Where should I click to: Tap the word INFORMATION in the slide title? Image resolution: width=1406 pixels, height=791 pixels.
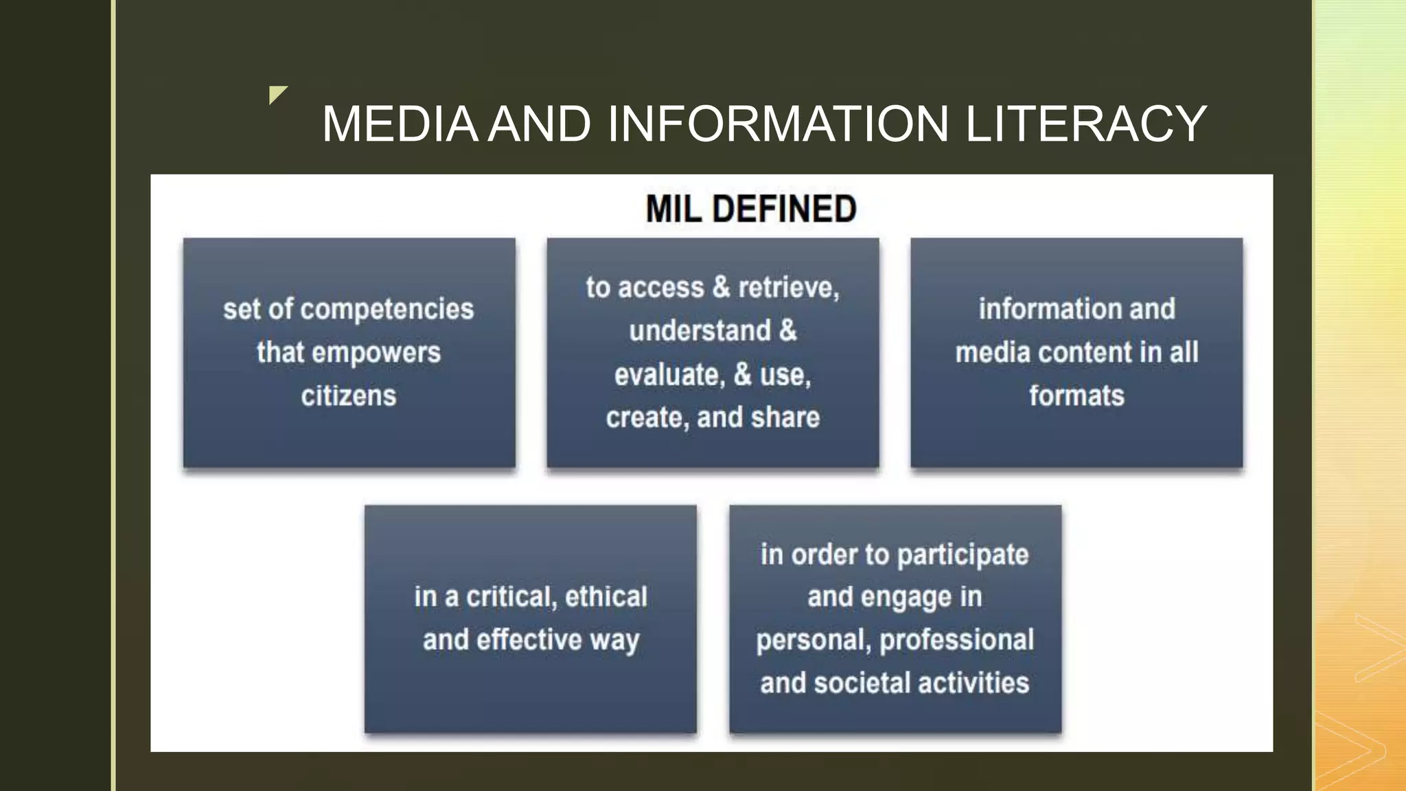tap(779, 124)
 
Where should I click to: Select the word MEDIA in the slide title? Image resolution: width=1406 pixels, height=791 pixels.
tap(400, 124)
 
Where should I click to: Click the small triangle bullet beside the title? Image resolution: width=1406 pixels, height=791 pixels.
tap(277, 94)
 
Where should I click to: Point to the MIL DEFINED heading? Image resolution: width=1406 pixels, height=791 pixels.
tap(751, 209)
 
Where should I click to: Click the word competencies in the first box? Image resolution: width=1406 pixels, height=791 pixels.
tap(387, 310)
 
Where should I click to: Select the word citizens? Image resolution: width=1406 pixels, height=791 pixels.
tap(349, 396)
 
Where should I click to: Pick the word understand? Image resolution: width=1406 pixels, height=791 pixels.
tap(700, 331)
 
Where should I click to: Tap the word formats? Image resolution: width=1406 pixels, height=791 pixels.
tap(1076, 396)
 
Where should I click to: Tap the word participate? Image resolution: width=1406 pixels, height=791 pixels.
tap(963, 555)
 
